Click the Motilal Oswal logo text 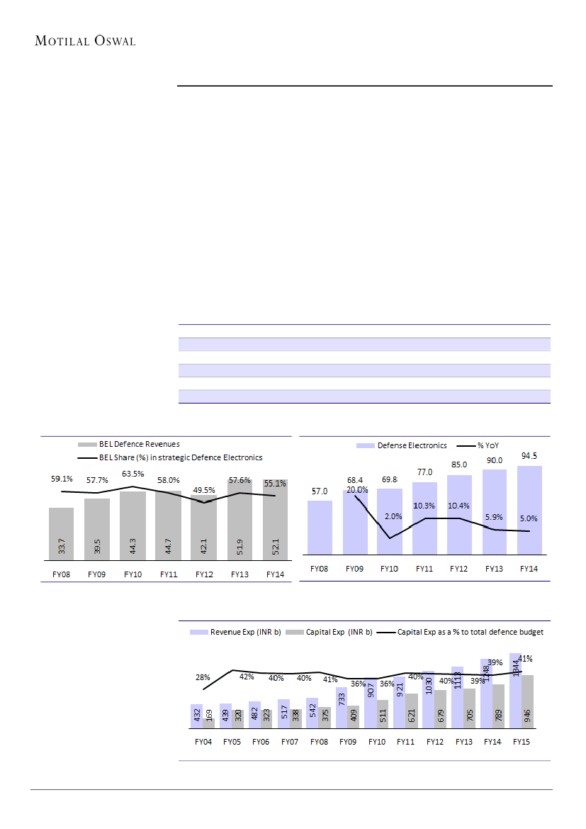tap(85, 40)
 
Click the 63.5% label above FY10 tap(133, 474)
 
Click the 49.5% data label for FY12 tap(204, 489)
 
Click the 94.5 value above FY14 tap(529, 456)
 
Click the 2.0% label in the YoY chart tap(393, 516)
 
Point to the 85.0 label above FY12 tap(460, 466)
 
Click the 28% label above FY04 tap(203, 678)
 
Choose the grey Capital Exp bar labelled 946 tap(527, 702)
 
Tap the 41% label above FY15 tap(525, 658)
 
